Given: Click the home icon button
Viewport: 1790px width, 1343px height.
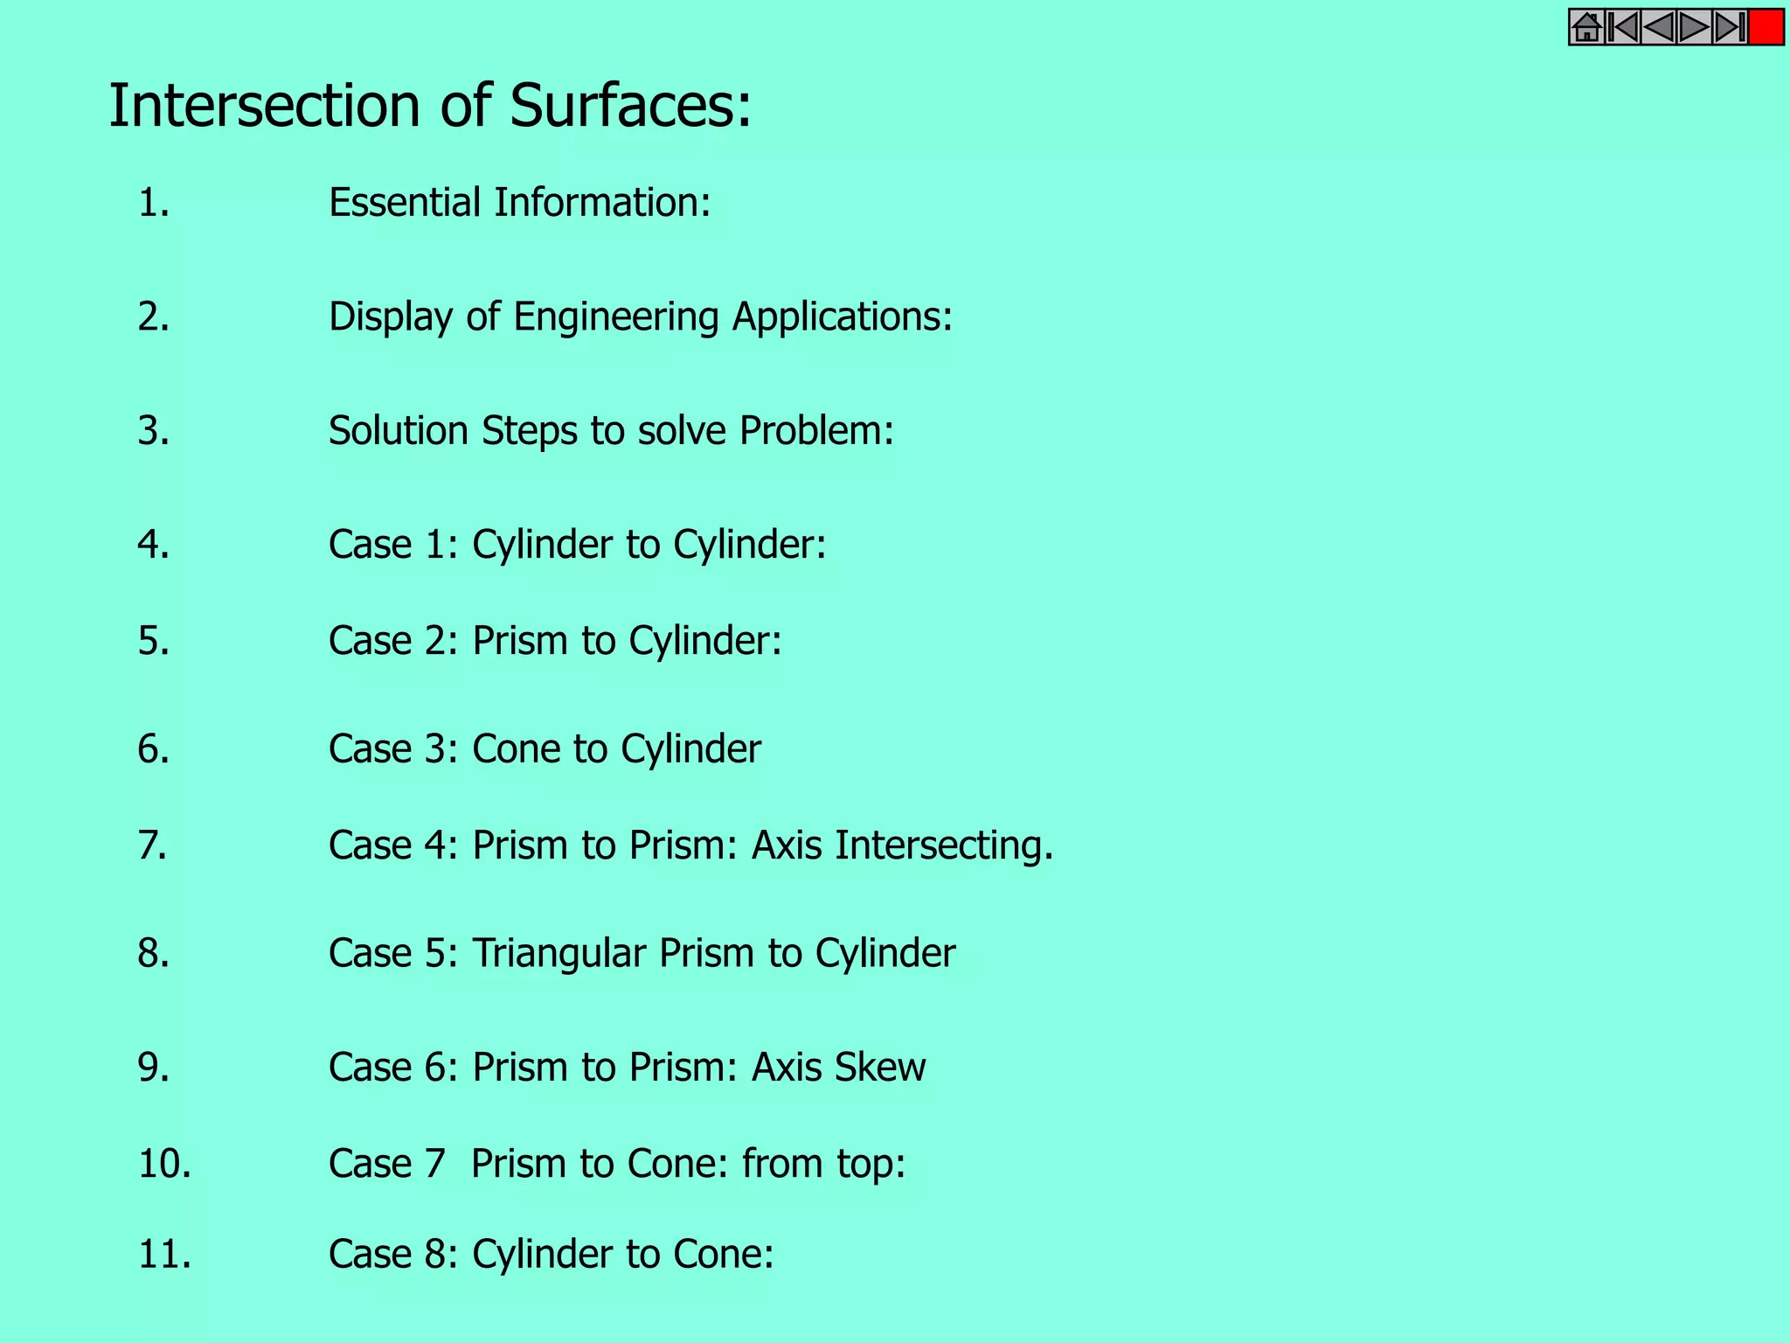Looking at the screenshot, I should [x=1586, y=28].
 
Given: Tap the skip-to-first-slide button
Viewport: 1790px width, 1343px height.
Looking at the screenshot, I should [x=1622, y=28].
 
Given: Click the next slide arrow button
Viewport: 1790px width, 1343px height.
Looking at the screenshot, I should [x=1693, y=28].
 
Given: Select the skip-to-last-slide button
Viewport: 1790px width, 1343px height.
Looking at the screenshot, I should [x=1730, y=28].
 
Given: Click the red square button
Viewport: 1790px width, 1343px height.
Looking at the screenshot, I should [x=1766, y=28].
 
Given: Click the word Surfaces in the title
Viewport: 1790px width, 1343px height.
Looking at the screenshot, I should [x=629, y=106].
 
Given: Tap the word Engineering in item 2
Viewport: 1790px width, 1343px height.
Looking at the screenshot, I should [x=616, y=317].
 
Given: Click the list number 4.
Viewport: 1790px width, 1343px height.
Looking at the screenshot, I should [x=153, y=545].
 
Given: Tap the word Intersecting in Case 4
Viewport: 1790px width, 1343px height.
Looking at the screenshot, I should [x=943, y=845].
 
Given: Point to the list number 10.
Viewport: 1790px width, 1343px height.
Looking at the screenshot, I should [x=164, y=1164].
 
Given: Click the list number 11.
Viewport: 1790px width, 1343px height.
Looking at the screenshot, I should [x=164, y=1255].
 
